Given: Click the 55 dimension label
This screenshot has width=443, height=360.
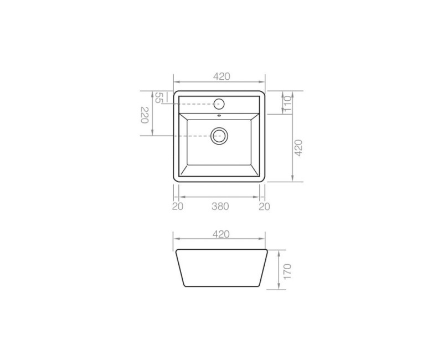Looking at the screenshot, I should tap(158, 98).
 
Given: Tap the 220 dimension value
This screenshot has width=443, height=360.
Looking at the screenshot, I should tap(145, 115).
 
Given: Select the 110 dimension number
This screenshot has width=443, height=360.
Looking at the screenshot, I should tap(287, 102).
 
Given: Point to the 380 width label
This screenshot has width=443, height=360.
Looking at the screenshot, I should tap(220, 207).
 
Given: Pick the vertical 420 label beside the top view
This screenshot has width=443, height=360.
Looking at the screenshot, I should tap(298, 148).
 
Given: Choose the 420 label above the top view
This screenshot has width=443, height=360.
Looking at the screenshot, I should tap(220, 77).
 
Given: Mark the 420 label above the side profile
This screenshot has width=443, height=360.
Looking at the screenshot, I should tap(220, 234).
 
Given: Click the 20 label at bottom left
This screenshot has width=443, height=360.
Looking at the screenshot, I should tap(177, 207).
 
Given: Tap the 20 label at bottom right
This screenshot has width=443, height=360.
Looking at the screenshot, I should tap(264, 207).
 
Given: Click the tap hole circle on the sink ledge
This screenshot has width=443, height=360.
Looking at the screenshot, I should tap(219, 104).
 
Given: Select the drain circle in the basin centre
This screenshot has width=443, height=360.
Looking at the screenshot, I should tap(219, 136).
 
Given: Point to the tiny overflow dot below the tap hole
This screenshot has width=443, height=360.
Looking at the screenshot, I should tap(219, 116).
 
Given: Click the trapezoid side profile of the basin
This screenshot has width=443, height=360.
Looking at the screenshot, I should tap(220, 269).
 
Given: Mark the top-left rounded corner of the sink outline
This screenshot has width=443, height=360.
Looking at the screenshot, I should tap(176, 93).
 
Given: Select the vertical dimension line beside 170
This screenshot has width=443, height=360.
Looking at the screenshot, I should tap(278, 269).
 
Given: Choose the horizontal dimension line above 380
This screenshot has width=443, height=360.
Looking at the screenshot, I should tap(220, 197).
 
